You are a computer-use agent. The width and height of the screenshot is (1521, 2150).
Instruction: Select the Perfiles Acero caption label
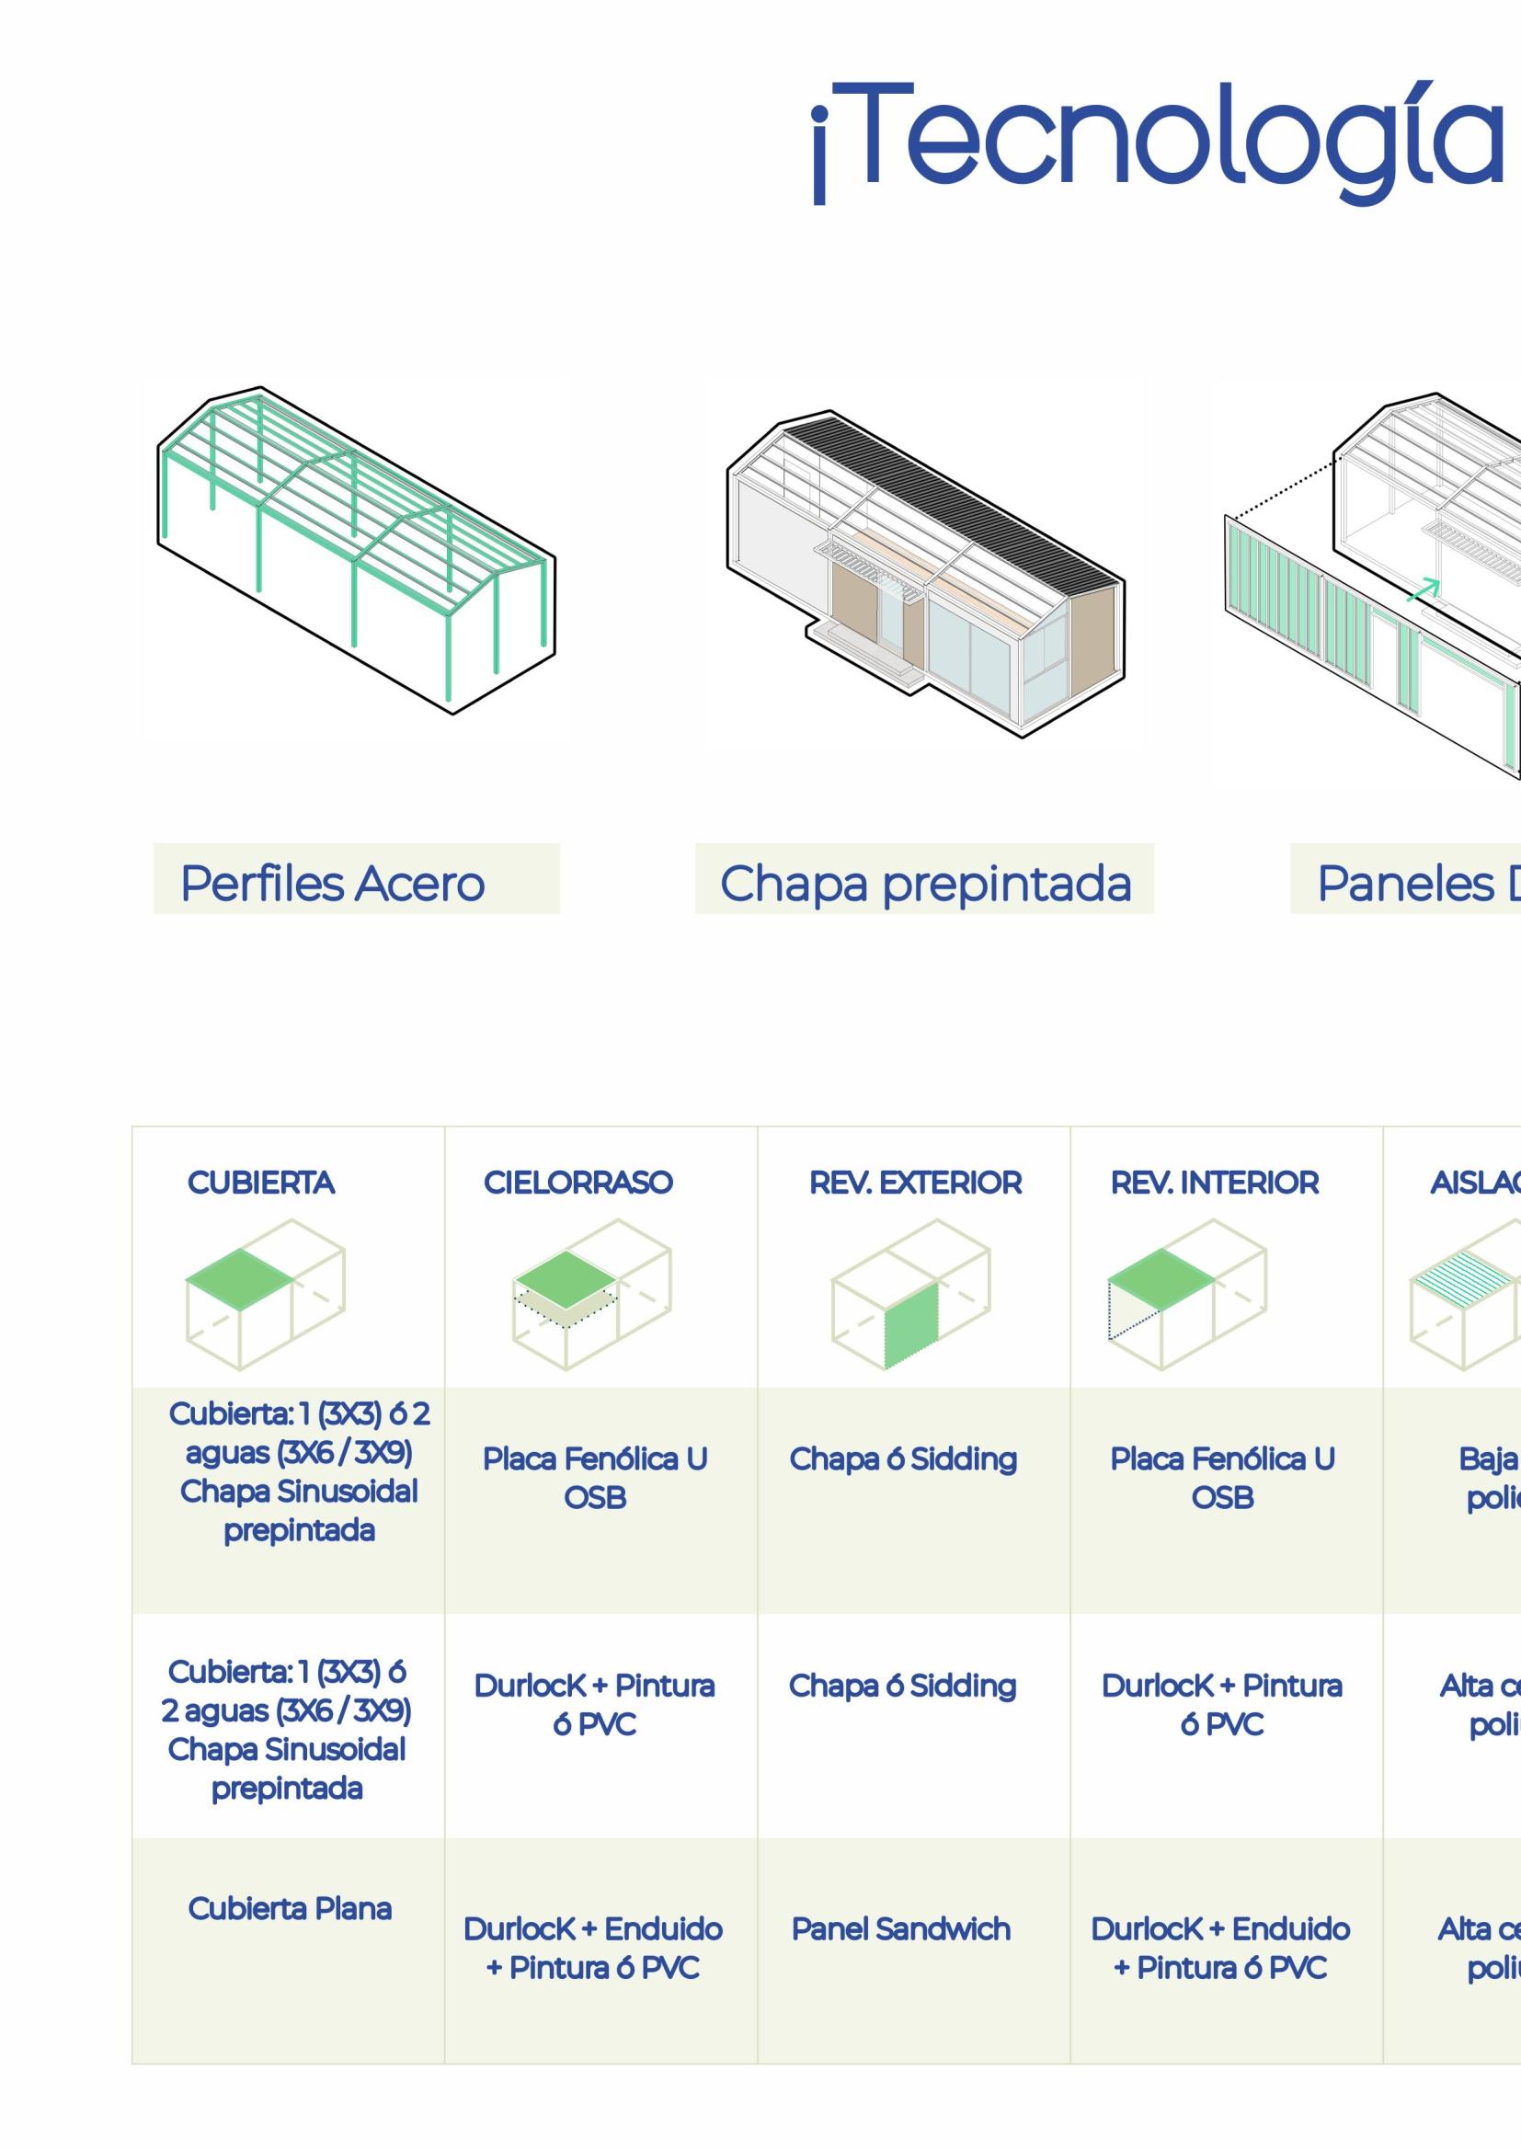point(333,884)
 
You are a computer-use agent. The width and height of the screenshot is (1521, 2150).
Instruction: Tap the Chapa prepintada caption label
point(925,884)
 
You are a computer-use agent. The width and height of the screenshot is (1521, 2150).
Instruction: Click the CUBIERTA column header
point(260,1183)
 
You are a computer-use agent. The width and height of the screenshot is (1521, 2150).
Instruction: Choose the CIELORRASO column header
point(578,1183)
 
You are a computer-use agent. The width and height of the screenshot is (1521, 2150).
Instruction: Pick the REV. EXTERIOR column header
point(915,1183)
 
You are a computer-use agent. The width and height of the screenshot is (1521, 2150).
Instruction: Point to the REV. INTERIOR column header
point(1215,1183)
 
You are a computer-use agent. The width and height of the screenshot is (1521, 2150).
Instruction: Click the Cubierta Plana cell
point(290,1908)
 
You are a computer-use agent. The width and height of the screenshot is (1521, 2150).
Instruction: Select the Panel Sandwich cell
point(901,1929)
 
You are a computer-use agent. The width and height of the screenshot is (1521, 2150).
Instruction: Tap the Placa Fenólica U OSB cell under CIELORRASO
point(595,1478)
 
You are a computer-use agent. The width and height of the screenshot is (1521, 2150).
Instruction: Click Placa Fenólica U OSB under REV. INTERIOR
point(1222,1478)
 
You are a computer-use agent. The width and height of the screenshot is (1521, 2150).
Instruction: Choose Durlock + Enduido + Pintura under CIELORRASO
point(593,1948)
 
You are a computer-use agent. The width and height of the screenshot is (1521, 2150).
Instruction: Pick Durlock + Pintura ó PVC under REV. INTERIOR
point(1222,1704)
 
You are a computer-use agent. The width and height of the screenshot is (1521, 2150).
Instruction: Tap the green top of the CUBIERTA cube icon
point(240,1277)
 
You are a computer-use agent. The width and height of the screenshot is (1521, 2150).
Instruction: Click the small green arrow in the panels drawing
point(1423,589)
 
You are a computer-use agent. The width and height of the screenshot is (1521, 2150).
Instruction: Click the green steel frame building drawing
point(356,548)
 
